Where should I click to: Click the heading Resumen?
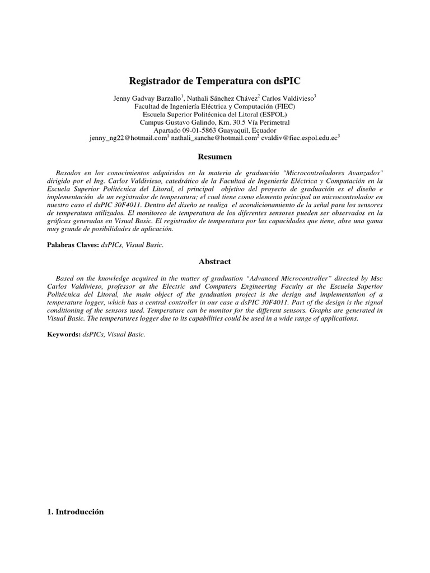(x=215, y=157)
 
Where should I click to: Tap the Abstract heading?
(x=215, y=261)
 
